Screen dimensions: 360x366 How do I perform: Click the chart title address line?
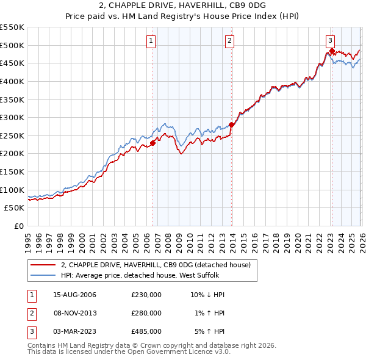(182, 5)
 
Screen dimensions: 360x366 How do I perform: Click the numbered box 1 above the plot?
(151, 41)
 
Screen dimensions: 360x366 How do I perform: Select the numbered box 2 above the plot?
(229, 41)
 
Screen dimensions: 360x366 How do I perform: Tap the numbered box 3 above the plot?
(330, 41)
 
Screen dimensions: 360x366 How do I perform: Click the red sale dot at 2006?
(152, 143)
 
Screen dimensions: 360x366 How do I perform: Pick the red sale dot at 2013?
(231, 124)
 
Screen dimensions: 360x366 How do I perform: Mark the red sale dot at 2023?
(331, 51)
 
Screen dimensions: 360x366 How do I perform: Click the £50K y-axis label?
(15, 208)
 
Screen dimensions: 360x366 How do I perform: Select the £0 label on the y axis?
(20, 226)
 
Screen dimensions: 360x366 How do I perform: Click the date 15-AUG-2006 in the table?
(74, 295)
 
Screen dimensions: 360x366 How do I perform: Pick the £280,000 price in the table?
(146, 313)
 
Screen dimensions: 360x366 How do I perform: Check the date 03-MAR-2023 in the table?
(74, 331)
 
